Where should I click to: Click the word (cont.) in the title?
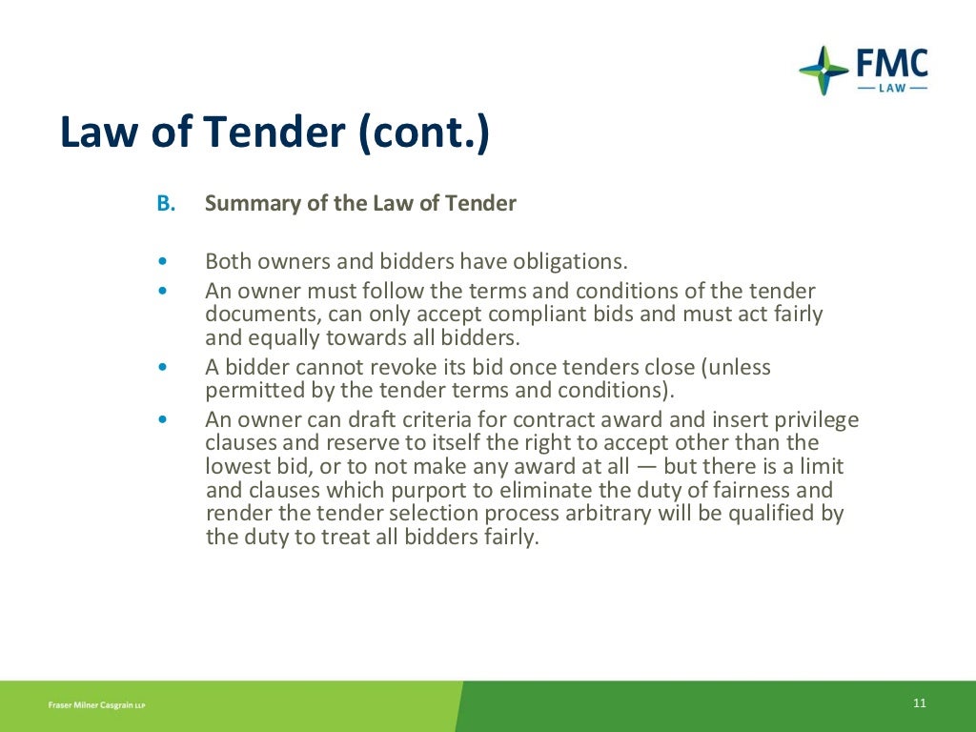click(x=424, y=133)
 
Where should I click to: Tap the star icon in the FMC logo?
click(x=823, y=70)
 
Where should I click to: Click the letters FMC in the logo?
click(x=892, y=65)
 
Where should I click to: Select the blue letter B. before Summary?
click(x=167, y=203)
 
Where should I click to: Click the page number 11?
click(x=919, y=703)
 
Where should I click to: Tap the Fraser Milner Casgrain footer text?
click(x=96, y=705)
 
